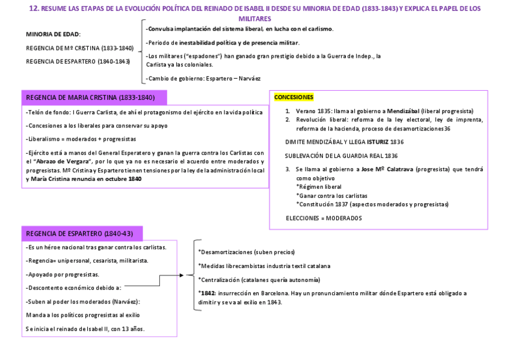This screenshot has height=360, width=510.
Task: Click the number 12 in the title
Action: [x=34, y=8]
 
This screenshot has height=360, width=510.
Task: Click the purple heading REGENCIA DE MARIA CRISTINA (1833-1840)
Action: [x=91, y=97]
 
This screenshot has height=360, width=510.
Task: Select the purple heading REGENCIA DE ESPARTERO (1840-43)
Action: [x=79, y=233]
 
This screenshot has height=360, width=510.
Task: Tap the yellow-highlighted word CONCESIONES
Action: [x=293, y=97]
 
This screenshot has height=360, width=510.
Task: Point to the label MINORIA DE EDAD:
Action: [x=54, y=34]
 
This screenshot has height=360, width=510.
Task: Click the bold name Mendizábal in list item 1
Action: [x=399, y=111]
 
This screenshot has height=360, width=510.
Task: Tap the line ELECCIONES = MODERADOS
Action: [x=324, y=218]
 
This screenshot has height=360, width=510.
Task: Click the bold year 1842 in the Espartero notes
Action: [x=207, y=293]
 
